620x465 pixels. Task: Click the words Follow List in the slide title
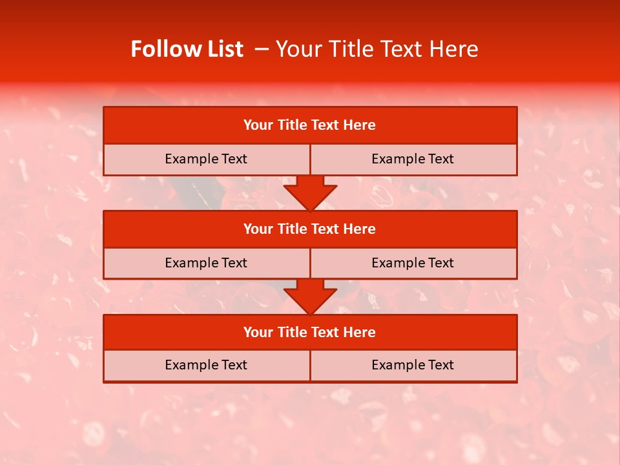187,49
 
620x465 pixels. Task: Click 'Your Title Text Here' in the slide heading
377,49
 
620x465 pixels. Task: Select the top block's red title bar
310,125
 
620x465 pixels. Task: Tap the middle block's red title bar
310,229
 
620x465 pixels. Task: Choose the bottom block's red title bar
310,333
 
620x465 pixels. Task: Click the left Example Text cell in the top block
206,160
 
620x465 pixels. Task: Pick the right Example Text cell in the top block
413,160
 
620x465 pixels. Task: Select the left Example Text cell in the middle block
206,263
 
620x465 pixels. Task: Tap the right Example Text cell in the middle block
413,263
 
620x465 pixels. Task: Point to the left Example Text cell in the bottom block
206,366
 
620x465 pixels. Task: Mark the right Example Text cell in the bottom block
413,366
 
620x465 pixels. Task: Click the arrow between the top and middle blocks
310,192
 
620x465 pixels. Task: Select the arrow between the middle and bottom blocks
310,296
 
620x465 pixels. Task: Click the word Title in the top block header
291,125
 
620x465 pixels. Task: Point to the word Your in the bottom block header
258,333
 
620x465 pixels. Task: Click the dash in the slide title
262,49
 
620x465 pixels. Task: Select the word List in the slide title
225,49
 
